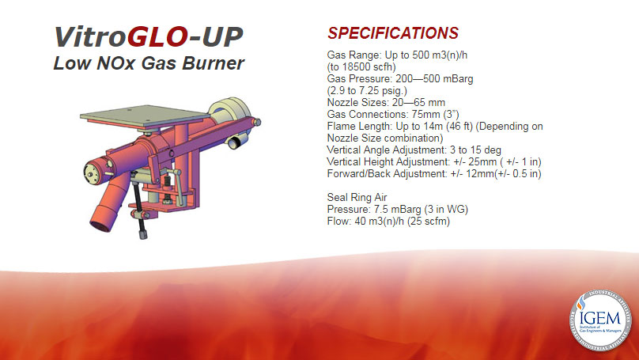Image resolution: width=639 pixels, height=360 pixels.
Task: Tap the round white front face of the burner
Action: (93, 172)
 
